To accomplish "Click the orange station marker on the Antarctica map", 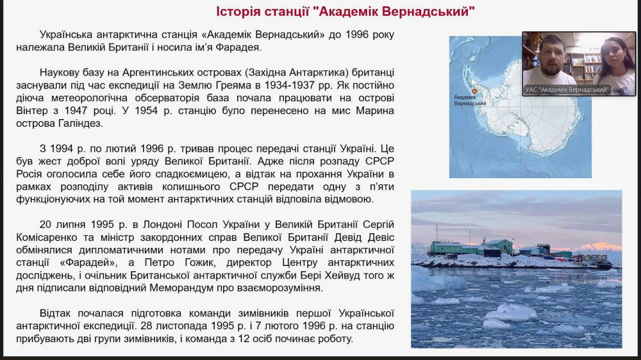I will click(475, 92).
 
